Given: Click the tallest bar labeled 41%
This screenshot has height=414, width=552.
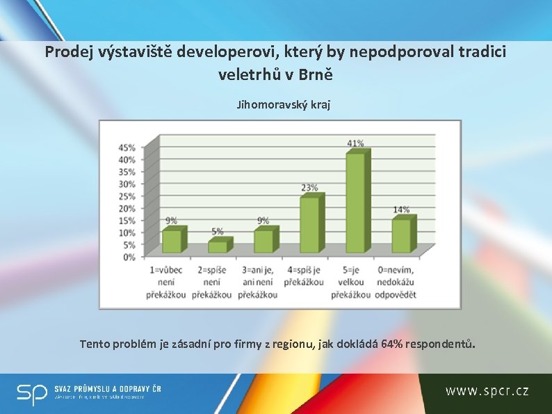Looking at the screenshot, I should coord(354,202).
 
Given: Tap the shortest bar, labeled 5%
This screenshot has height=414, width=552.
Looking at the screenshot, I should coord(217,246).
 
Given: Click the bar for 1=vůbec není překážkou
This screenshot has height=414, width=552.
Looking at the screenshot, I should coord(171,241).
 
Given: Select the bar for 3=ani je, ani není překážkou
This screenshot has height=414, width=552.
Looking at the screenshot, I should coord(263,241).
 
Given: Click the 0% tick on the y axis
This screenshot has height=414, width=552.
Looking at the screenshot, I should coord(129,257).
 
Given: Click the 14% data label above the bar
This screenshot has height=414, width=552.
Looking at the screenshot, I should coord(401,209).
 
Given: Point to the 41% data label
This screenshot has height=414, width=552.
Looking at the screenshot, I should coord(355,143).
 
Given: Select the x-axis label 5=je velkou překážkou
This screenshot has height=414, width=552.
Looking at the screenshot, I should coord(352,282).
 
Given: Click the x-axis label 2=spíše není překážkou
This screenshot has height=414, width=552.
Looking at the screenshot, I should coord(214,282).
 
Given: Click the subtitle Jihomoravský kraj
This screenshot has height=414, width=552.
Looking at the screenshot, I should coord(283,105).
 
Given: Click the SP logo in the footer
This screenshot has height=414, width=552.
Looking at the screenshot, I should coord(33,393).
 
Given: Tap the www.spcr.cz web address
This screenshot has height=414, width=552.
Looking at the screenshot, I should coord(487,391).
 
